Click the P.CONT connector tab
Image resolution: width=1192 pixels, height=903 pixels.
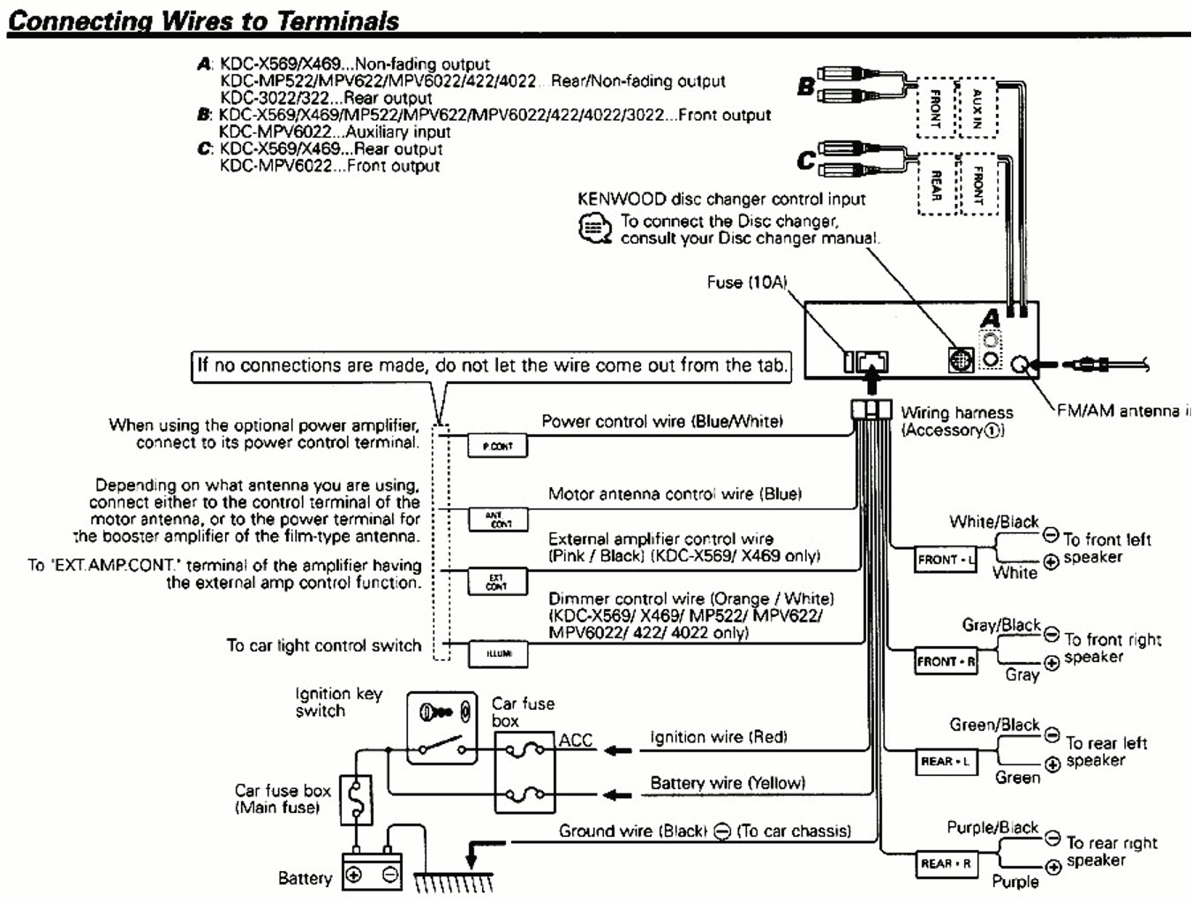(497, 446)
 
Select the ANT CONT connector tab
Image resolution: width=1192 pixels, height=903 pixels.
(497, 519)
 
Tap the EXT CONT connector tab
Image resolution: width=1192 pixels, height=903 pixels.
(496, 582)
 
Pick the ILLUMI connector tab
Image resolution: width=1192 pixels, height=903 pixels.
(498, 653)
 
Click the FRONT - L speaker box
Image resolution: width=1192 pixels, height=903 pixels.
(945, 560)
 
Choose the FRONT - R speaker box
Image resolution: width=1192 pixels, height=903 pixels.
(946, 661)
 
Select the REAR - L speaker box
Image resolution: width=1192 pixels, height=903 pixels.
(945, 762)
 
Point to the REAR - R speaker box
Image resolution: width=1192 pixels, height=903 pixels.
(946, 863)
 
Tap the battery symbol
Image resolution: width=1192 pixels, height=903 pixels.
(372, 875)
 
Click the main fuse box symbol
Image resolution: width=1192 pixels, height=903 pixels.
(356, 801)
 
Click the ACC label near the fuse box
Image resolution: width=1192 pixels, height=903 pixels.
(576, 741)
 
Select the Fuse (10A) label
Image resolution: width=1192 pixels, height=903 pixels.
(746, 282)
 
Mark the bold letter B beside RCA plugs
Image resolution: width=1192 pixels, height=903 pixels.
(805, 87)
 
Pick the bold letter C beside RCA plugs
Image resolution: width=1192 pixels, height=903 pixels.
(805, 161)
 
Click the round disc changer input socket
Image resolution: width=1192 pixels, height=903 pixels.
(961, 360)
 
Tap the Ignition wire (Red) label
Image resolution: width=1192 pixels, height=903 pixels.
(718, 737)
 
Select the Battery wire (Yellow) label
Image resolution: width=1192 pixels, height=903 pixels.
(728, 783)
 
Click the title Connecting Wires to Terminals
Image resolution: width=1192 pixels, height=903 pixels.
(203, 21)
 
